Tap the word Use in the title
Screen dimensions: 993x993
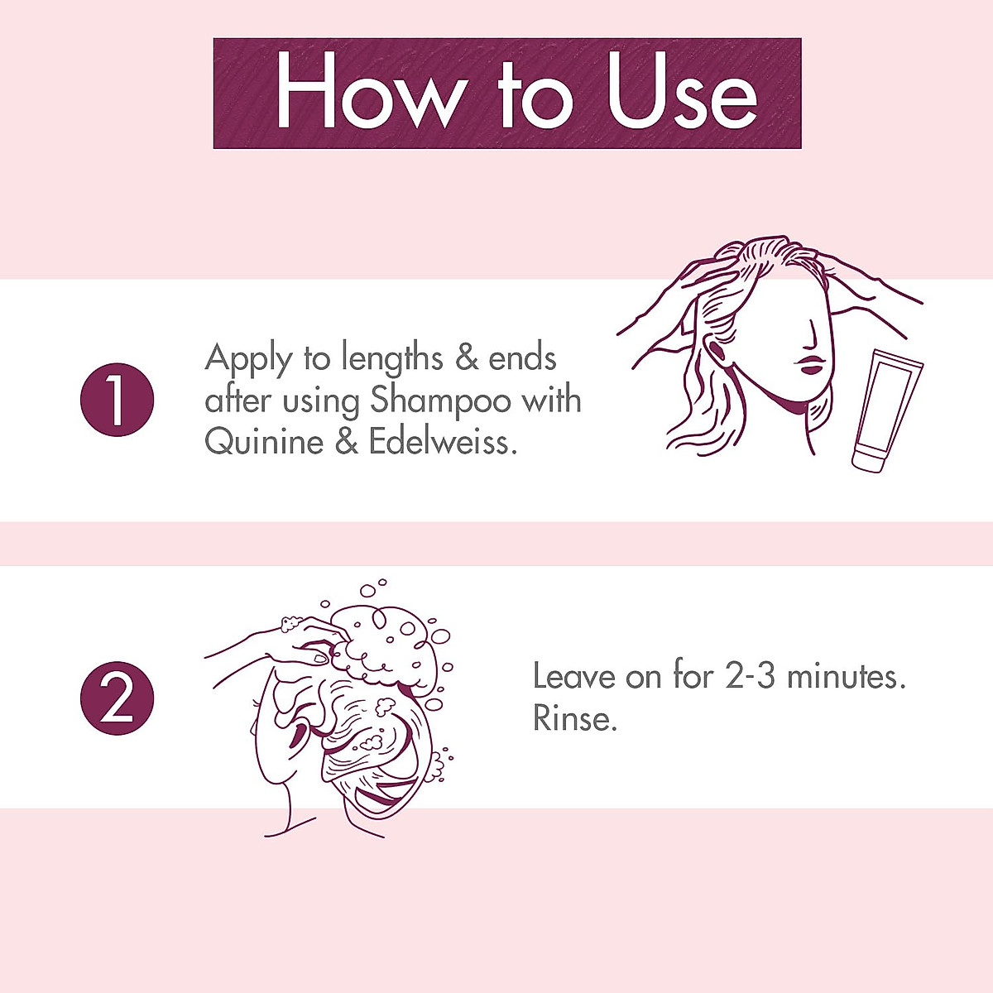click(x=680, y=92)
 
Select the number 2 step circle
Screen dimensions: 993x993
click(x=117, y=698)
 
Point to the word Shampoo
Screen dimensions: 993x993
click(x=440, y=402)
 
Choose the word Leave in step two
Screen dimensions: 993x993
click(x=574, y=677)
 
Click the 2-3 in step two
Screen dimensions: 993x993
click(x=751, y=677)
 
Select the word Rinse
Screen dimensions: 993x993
click(x=575, y=718)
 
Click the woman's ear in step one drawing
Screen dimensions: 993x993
click(x=718, y=352)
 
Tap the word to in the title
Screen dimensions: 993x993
click(x=535, y=94)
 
